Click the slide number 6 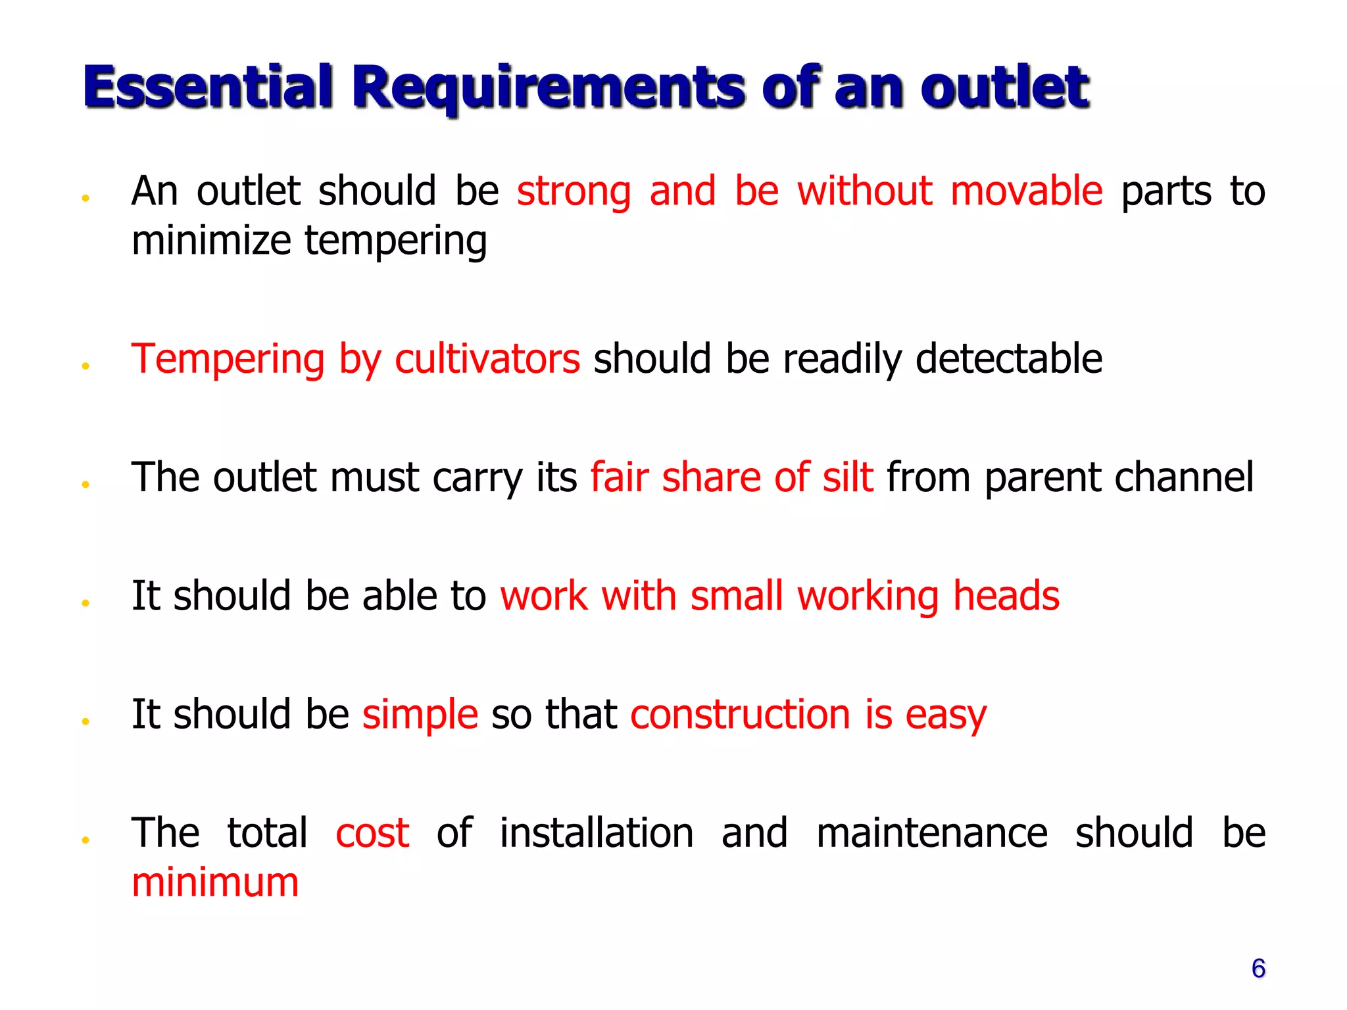click(x=1258, y=969)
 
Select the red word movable click(x=1026, y=191)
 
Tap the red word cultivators click(x=487, y=359)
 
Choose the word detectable click(x=1009, y=359)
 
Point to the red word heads click(x=1006, y=596)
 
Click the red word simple click(x=420, y=715)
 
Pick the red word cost click(x=372, y=833)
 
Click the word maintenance click(x=931, y=833)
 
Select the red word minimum click(x=215, y=882)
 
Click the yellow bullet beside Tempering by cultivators click(x=86, y=366)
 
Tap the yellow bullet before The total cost click(x=86, y=840)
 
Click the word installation click(x=597, y=833)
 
